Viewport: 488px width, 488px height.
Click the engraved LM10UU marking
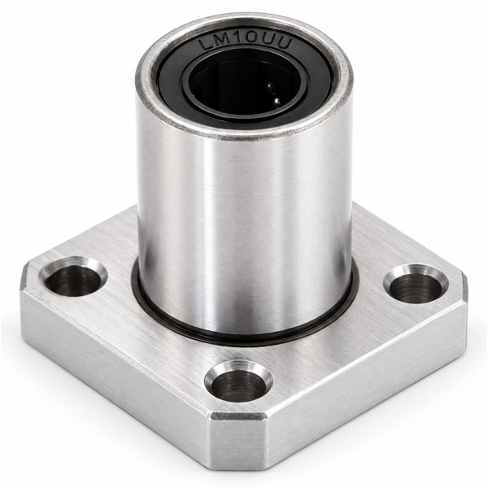(246, 44)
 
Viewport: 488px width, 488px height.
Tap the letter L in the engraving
(207, 46)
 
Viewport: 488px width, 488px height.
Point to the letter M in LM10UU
(222, 43)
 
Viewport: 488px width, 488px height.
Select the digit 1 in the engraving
(237, 41)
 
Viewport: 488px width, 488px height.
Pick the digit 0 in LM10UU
(251, 41)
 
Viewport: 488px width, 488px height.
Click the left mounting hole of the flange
(74, 277)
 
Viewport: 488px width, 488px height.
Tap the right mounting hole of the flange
(416, 284)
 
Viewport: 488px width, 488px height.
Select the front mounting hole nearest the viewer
(238, 381)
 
